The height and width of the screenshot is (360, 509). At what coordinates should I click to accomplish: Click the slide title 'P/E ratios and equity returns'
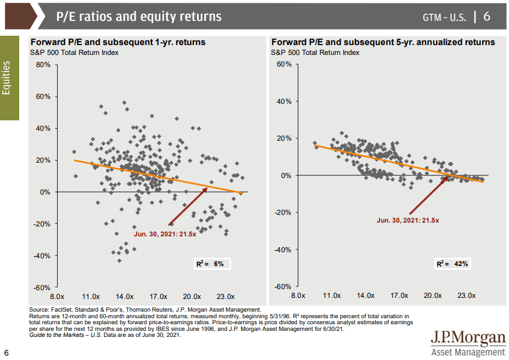pos(139,16)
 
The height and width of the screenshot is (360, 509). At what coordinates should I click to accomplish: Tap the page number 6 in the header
pos(486,16)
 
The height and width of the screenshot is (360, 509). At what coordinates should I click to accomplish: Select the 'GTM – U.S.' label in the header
pos(444,17)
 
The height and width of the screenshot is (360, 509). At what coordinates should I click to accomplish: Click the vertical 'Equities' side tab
pos(8,77)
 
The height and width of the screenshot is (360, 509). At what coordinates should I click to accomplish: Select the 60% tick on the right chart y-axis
pos(284,64)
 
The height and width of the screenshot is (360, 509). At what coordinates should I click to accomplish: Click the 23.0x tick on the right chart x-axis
pos(467,296)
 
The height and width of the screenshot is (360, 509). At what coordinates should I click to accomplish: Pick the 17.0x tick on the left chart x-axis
pos(159,296)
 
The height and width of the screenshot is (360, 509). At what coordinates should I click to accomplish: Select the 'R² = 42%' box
pos(452,264)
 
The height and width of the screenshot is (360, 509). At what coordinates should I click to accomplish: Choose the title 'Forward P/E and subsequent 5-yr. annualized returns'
pos(383,42)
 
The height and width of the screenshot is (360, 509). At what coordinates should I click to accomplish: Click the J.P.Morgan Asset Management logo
pos(468,344)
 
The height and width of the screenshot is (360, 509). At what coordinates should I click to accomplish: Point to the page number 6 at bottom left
pos(6,352)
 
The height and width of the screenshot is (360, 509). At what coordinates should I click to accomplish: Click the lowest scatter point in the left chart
pos(119,261)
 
